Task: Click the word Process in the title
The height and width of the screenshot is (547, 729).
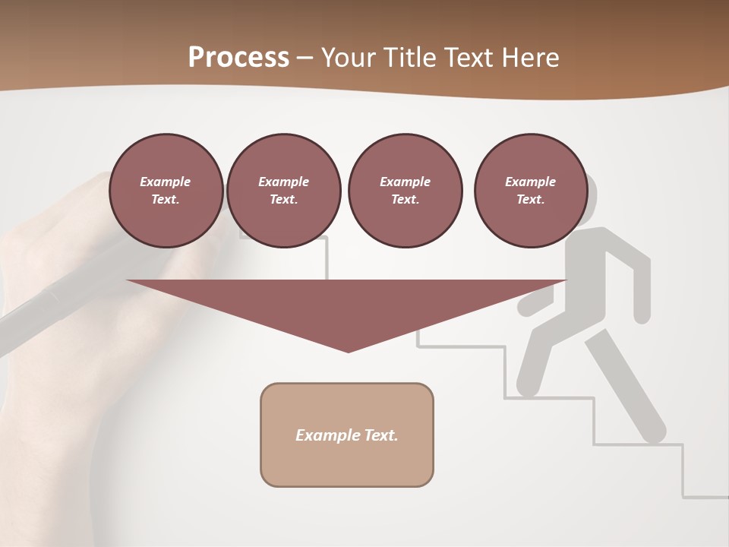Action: click(238, 58)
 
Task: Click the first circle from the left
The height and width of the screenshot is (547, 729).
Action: click(166, 191)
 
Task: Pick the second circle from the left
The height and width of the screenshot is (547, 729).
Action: click(283, 191)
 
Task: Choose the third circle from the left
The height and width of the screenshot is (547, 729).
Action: click(405, 191)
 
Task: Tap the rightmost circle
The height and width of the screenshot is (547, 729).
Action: click(530, 191)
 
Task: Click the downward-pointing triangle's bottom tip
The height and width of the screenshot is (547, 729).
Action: click(348, 350)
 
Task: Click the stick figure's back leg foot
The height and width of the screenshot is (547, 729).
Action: click(653, 433)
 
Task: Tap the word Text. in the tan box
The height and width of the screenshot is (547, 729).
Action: click(381, 435)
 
